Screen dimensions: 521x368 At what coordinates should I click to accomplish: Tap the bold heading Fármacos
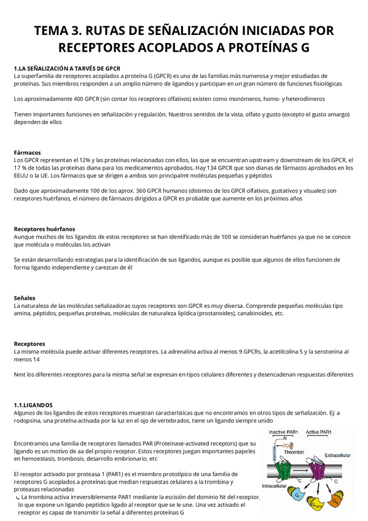(x=27, y=152)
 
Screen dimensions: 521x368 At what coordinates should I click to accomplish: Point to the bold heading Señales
(x=25, y=297)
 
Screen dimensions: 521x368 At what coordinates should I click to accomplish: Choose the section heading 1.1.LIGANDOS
(x=33, y=405)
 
